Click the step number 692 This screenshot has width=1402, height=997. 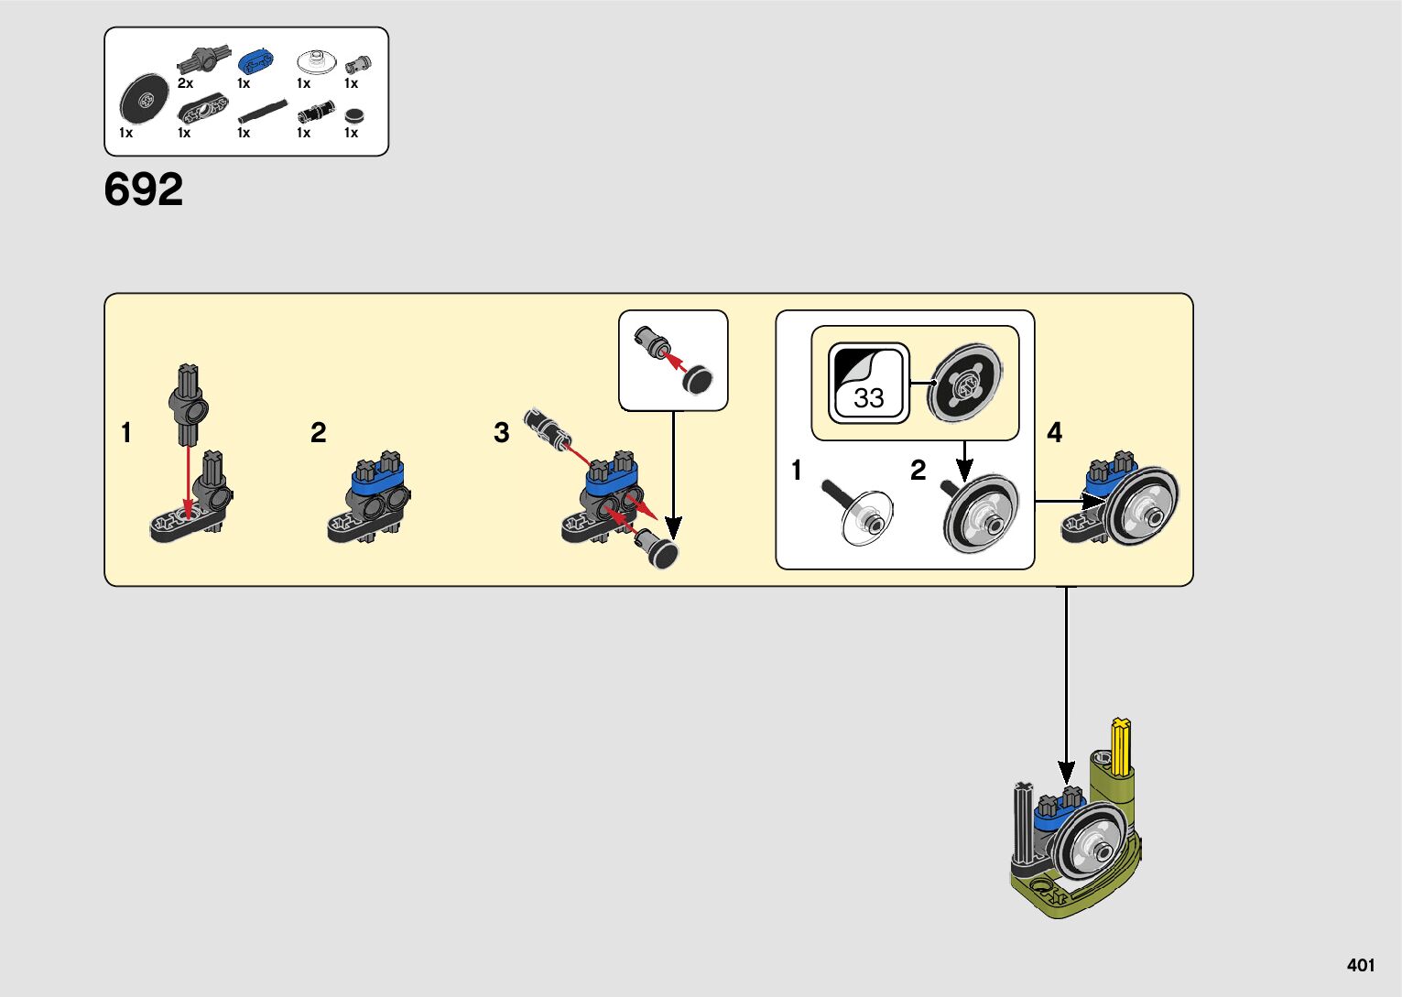point(144,190)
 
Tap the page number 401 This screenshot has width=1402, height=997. point(1361,965)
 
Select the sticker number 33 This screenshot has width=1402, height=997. point(868,396)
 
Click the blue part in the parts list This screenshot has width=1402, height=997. point(255,63)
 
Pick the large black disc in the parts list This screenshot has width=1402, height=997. point(144,99)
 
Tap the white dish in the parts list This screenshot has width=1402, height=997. point(314,62)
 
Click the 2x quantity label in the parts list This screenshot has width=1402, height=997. point(185,83)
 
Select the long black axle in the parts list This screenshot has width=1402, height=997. point(263,113)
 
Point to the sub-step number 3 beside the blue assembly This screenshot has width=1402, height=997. point(501,432)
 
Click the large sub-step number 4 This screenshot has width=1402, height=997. point(1055,432)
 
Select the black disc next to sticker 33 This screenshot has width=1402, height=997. point(963,383)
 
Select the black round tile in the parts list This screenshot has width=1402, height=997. point(354,115)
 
